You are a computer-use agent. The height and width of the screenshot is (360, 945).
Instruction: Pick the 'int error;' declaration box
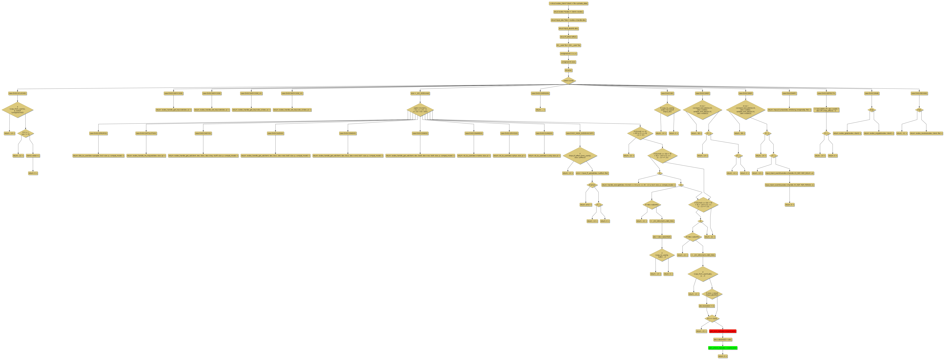(568, 70)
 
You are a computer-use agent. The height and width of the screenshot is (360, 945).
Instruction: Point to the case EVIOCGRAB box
(872, 93)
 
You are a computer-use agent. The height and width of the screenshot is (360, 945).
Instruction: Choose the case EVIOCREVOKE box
(919, 93)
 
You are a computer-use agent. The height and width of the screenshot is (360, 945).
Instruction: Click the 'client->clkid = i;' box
(33, 156)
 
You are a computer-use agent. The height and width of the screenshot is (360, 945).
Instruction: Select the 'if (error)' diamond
(592, 185)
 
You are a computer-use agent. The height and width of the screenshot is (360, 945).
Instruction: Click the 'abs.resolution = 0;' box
(706, 306)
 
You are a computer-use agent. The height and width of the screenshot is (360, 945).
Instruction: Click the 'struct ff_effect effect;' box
(568, 37)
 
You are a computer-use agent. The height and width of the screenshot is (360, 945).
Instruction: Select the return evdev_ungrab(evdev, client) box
(878, 133)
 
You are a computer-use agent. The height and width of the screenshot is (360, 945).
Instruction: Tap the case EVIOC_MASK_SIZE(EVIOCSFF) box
(580, 133)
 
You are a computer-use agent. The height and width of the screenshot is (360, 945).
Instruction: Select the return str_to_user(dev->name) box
(474, 156)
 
